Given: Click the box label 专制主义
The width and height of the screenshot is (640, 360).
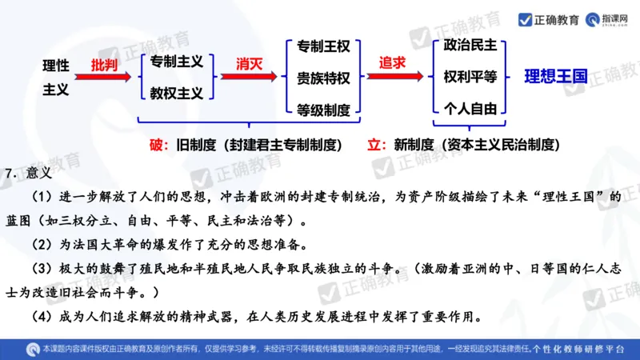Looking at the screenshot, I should tap(176, 61).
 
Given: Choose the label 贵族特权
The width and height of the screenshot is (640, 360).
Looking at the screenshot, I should tap(322, 78).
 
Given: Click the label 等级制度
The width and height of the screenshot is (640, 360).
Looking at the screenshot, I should tap(322, 109).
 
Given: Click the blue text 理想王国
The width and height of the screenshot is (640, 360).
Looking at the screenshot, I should tap(556, 78).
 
